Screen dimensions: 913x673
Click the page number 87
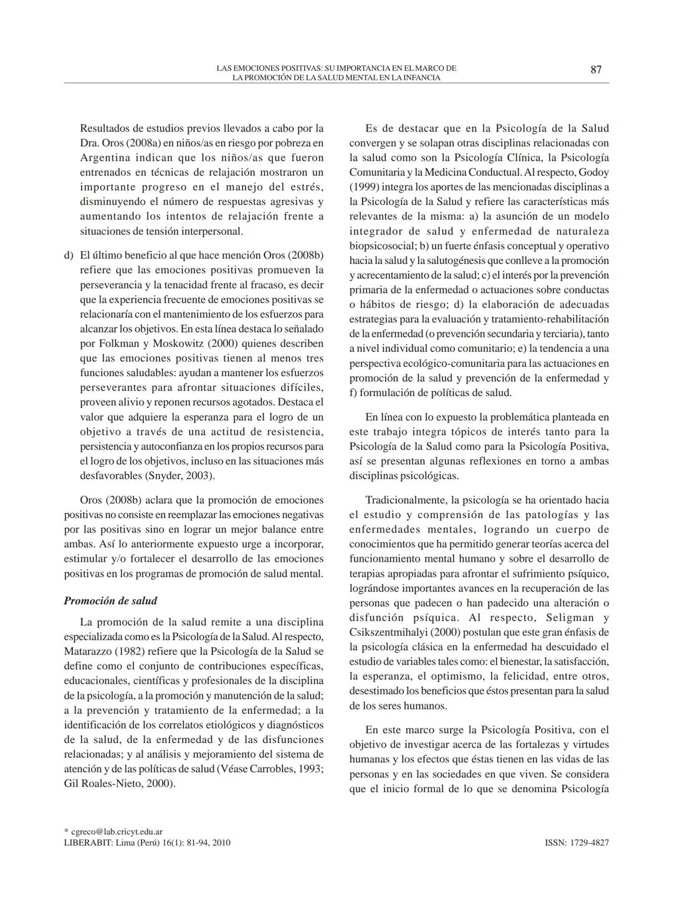click(x=596, y=70)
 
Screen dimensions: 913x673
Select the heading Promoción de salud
click(x=110, y=601)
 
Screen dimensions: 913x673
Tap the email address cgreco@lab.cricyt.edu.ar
click(x=117, y=831)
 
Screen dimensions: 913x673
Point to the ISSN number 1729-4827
click(x=588, y=843)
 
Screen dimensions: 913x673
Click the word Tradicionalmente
click(x=406, y=500)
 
